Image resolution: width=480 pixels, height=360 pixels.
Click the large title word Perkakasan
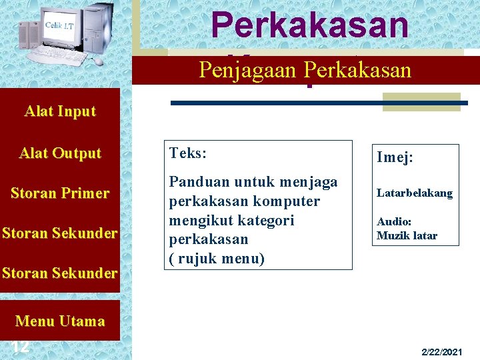[x=309, y=25]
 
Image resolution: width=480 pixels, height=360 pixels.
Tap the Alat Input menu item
[x=60, y=111]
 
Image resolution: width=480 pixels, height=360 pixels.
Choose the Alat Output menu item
[x=60, y=153]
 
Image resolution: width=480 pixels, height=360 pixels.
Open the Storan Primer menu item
[x=60, y=193]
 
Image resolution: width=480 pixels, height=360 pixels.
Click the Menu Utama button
[x=60, y=321]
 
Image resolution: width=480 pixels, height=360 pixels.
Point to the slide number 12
[x=20, y=346]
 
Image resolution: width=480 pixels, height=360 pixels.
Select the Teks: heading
[x=188, y=153]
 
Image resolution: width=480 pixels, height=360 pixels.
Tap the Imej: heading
[x=395, y=157]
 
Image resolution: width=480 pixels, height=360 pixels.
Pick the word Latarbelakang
[x=414, y=193]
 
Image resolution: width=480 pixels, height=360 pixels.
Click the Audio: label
[x=394, y=221]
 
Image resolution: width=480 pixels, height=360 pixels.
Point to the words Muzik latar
[x=407, y=235]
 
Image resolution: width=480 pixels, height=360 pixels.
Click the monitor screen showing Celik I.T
[x=59, y=26]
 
